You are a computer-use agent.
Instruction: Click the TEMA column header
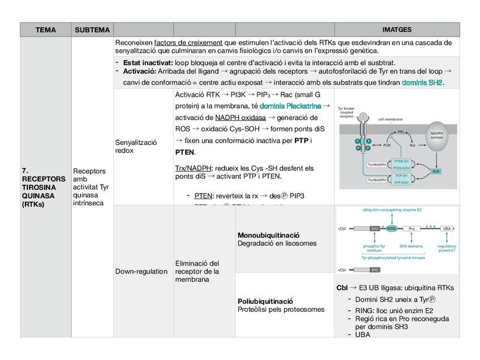(x=46, y=29)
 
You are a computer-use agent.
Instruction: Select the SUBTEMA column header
(x=92, y=29)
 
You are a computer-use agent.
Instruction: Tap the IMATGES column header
(x=397, y=29)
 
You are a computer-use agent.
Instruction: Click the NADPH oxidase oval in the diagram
(x=436, y=136)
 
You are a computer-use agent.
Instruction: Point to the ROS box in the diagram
(x=436, y=171)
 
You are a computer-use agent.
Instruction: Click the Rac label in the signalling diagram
(x=413, y=145)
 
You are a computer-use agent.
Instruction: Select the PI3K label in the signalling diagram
(x=387, y=145)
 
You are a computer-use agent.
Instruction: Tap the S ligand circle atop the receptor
(x=363, y=117)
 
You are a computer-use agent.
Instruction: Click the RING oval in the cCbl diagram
(x=392, y=229)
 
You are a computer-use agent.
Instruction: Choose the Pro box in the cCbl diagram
(x=412, y=229)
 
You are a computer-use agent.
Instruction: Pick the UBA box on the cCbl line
(x=447, y=229)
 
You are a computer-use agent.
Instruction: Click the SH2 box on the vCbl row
(x=375, y=270)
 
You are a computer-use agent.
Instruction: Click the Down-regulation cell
(x=142, y=271)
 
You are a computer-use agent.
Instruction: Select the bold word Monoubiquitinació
(x=269, y=235)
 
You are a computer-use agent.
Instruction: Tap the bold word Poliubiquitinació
(x=265, y=301)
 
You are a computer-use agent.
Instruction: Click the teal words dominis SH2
(x=422, y=83)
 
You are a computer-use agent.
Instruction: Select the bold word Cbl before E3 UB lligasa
(x=342, y=288)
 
